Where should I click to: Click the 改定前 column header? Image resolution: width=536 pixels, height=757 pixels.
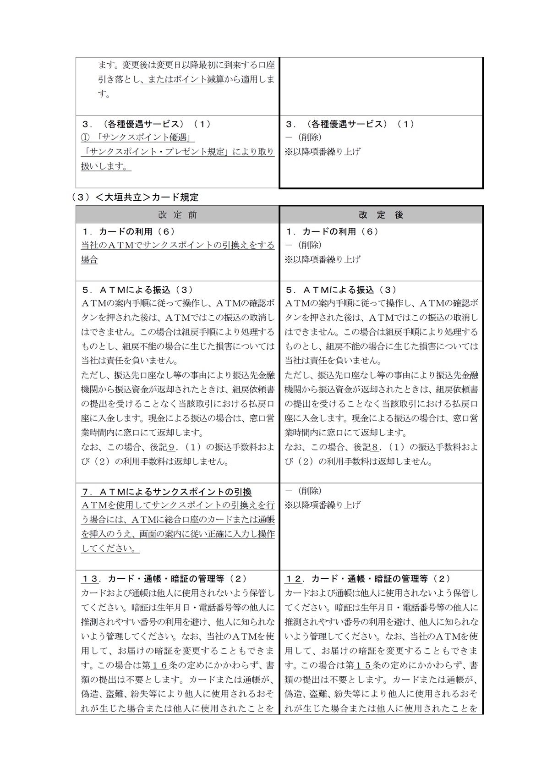[x=178, y=215]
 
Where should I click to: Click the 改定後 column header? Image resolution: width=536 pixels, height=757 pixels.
[x=381, y=215]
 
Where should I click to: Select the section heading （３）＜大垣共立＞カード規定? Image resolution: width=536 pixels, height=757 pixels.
[x=135, y=197]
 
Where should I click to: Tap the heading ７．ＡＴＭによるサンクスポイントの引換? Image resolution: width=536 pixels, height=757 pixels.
[x=166, y=492]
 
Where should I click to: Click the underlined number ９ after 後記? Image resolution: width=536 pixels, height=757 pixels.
[x=172, y=447]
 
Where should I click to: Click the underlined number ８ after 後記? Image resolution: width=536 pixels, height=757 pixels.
[x=376, y=447]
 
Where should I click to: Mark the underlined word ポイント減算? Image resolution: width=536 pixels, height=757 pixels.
[x=202, y=79]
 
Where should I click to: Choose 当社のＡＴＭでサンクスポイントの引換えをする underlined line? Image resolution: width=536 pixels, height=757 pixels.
[x=178, y=245]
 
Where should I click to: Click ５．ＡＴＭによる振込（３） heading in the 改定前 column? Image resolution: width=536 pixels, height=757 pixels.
[x=137, y=290]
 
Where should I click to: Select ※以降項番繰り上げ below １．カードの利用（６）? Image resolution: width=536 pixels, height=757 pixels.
[x=323, y=259]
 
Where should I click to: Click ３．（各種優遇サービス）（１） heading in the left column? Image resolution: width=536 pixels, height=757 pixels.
[x=146, y=124]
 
